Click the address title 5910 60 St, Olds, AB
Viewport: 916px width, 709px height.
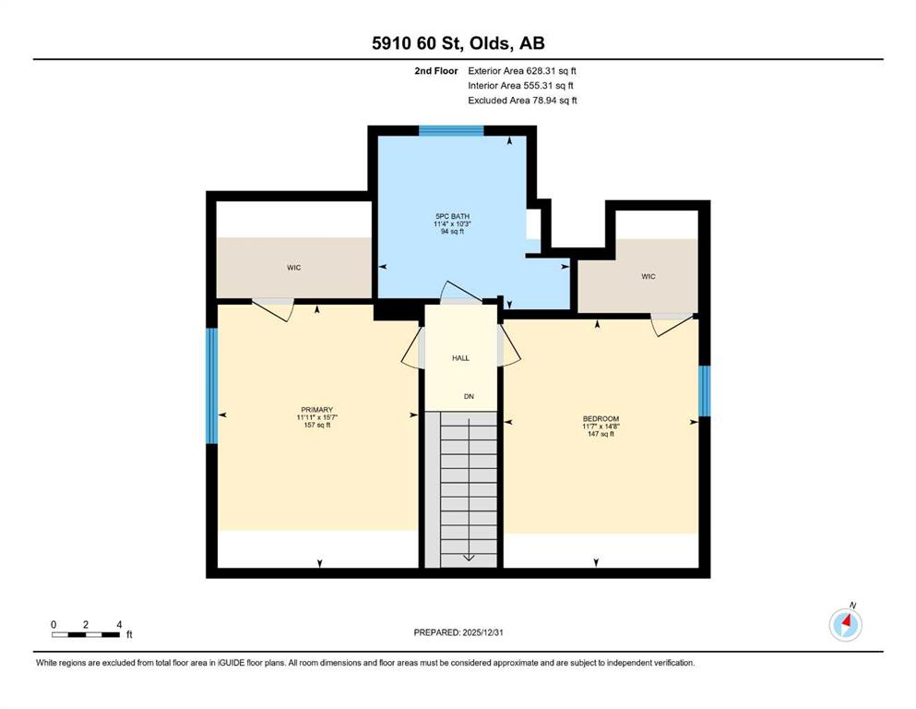(458, 42)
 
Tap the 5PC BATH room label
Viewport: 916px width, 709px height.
(452, 216)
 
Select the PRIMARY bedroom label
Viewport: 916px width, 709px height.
(316, 410)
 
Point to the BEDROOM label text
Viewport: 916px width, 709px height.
(601, 418)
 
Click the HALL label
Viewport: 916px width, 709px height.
(460, 357)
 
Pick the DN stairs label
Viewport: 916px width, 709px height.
(469, 396)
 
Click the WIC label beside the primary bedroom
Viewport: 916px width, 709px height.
(294, 268)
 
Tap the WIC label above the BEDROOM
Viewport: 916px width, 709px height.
(648, 276)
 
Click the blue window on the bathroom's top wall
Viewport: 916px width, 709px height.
(452, 130)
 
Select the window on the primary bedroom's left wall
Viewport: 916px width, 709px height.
(211, 385)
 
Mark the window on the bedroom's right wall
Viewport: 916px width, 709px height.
(705, 391)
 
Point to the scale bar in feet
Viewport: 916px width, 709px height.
(87, 634)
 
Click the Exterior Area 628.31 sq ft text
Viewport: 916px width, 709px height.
(522, 71)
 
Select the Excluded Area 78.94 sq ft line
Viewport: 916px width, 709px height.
(522, 100)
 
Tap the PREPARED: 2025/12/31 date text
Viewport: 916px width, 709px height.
(458, 632)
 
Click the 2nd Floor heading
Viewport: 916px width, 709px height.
(435, 71)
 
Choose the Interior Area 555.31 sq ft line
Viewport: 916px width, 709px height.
(520, 85)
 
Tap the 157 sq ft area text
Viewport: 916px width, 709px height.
(316, 425)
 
